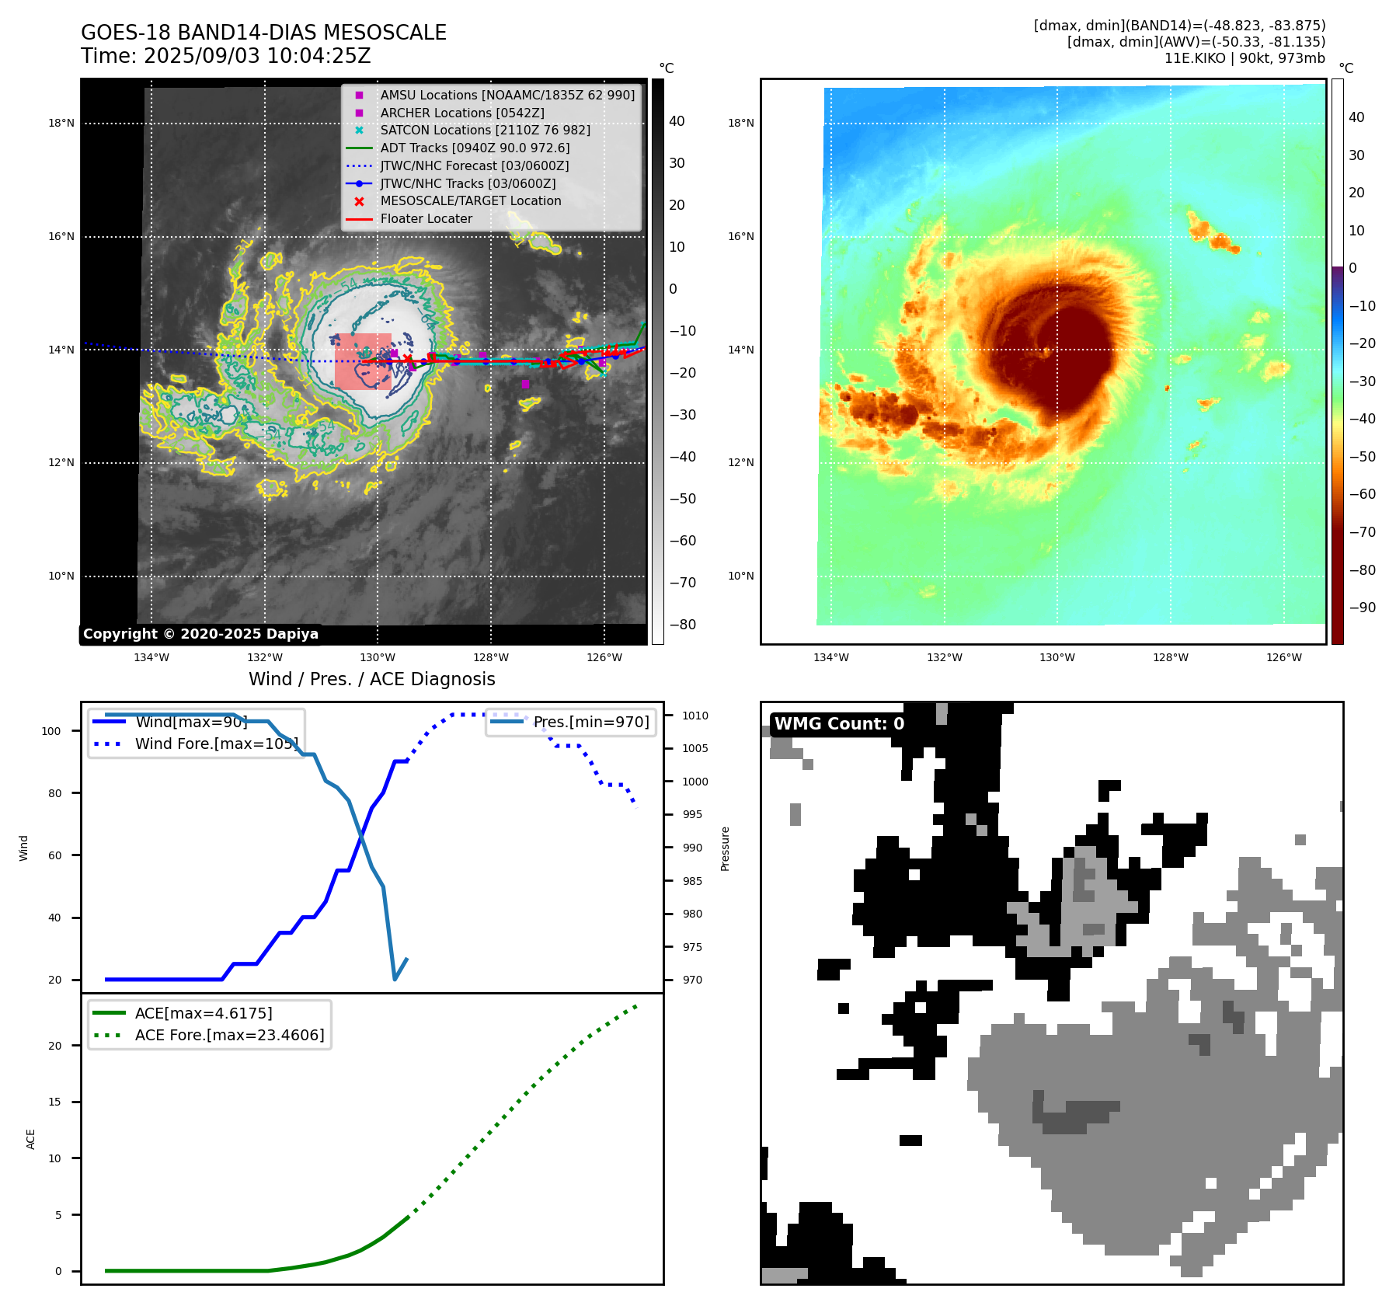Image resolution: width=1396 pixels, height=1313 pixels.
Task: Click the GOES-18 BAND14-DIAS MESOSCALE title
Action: tap(263, 33)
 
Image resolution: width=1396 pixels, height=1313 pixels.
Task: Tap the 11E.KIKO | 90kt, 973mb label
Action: tap(1244, 58)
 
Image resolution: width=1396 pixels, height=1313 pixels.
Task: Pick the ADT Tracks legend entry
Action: tap(475, 148)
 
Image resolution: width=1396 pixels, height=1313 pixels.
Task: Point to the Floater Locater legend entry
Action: tap(426, 218)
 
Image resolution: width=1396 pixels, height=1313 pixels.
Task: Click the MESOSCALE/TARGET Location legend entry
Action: tap(470, 200)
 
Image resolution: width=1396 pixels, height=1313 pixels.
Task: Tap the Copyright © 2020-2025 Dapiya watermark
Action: tap(200, 634)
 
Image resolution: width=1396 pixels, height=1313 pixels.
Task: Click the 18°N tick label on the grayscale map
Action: tap(61, 123)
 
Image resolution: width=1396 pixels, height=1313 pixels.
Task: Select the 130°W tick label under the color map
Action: tap(1057, 657)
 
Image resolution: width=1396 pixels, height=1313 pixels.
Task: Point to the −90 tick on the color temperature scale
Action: tap(1363, 608)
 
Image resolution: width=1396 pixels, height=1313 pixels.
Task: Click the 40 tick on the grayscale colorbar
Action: tap(677, 121)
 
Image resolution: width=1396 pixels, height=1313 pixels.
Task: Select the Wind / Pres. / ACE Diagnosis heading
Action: tap(371, 679)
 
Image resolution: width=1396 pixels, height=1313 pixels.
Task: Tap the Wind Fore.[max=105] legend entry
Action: tap(216, 744)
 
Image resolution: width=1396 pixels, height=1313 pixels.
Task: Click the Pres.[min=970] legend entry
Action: tap(590, 722)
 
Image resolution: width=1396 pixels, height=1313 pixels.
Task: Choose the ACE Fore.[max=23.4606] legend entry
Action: tap(229, 1035)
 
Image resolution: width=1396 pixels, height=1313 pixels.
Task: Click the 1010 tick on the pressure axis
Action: tap(695, 716)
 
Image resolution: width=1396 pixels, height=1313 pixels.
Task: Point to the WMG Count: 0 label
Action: tap(839, 724)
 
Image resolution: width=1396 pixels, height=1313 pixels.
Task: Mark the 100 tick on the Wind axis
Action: tap(51, 731)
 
